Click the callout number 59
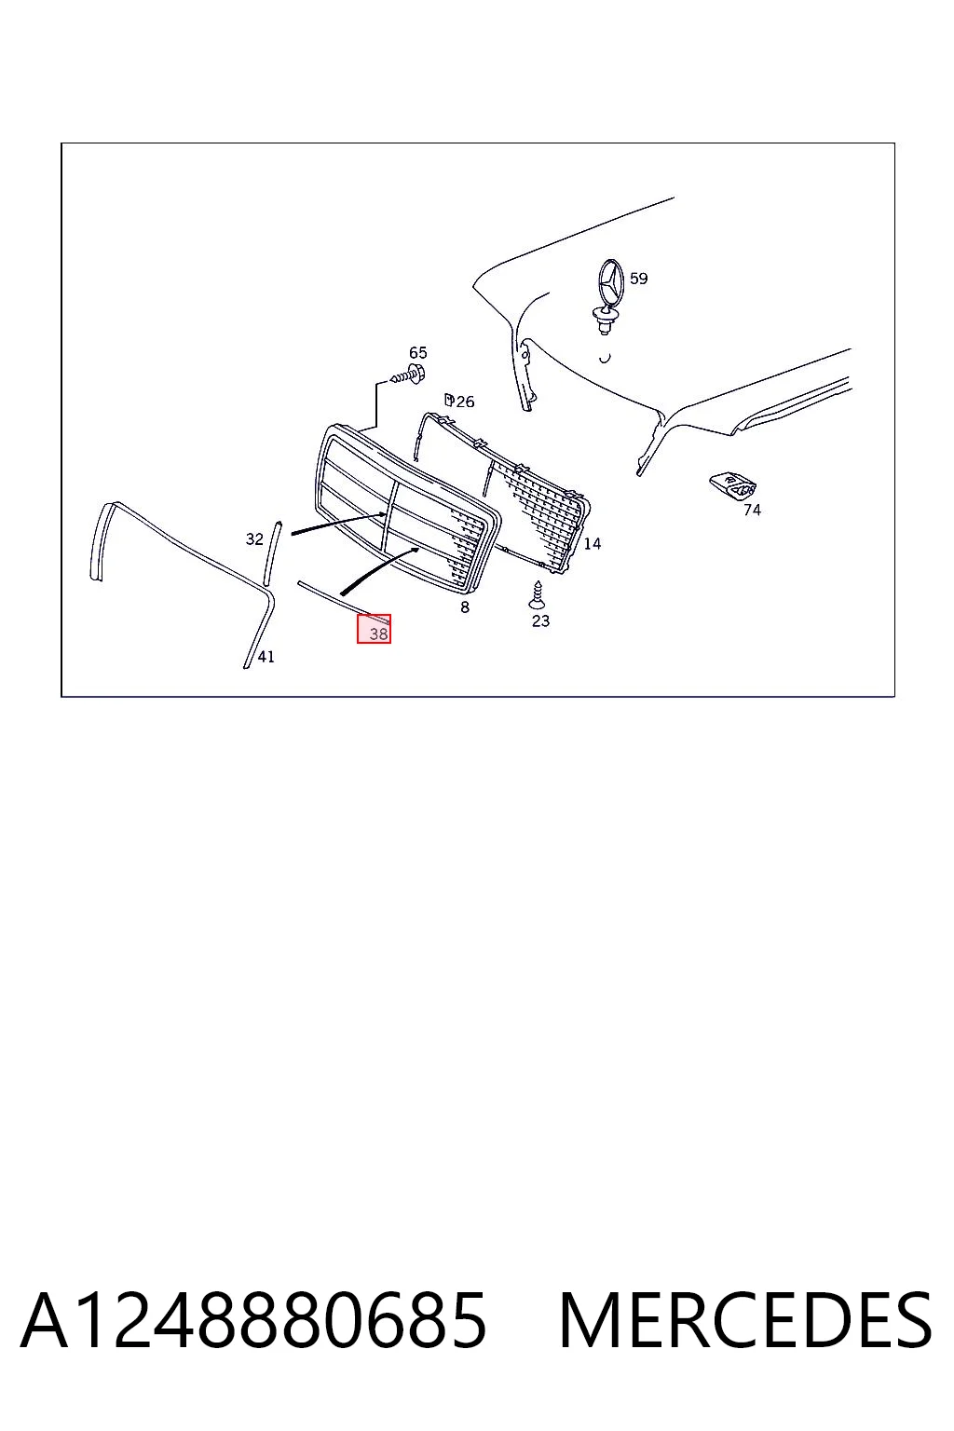(x=638, y=279)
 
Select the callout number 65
(x=418, y=353)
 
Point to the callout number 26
(x=465, y=402)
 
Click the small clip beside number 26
(x=449, y=400)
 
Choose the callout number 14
(x=593, y=544)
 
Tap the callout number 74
(x=752, y=510)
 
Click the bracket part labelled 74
(x=733, y=486)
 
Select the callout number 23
(x=540, y=621)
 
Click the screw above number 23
(x=537, y=594)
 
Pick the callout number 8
(x=465, y=607)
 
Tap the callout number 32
(x=254, y=539)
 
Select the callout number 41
(x=266, y=657)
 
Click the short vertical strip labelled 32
(x=272, y=553)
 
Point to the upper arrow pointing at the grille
(x=339, y=524)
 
